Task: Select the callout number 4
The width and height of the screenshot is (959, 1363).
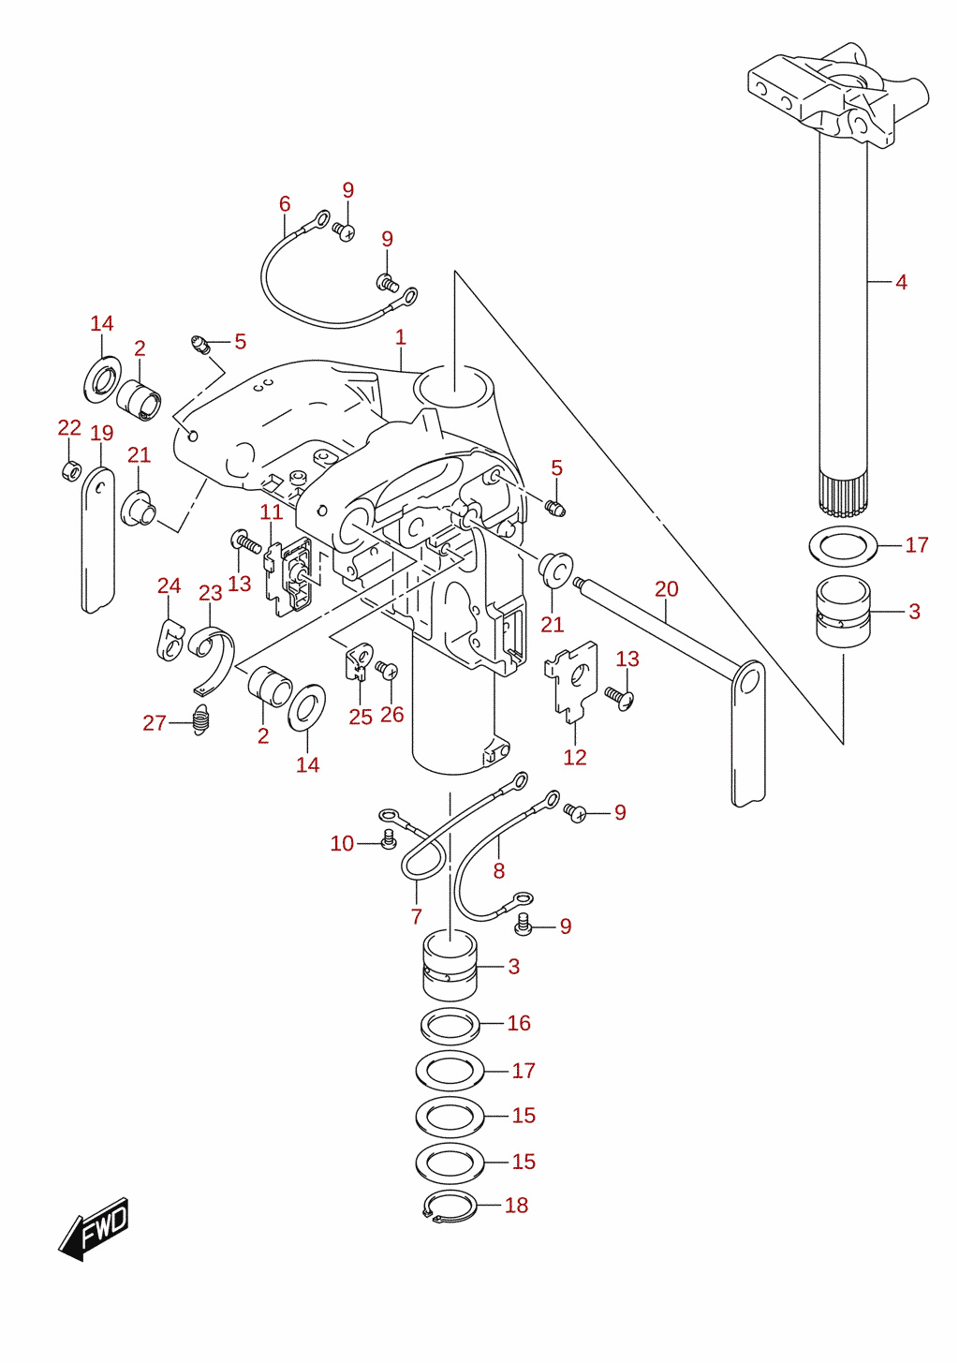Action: tap(901, 282)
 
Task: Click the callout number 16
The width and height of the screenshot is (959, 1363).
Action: tap(519, 1023)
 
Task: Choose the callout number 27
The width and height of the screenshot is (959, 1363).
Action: tap(155, 723)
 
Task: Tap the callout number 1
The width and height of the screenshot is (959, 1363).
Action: tap(400, 337)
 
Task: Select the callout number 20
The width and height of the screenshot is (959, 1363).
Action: tap(667, 588)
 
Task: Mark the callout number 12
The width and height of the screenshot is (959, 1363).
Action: tap(575, 757)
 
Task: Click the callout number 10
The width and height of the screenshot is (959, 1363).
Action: tap(342, 843)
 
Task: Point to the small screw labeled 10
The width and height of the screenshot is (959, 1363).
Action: tap(389, 840)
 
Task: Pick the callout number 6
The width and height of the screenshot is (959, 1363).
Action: tap(285, 204)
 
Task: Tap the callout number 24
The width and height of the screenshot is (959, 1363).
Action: tap(170, 585)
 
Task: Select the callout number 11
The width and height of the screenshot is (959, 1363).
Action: tap(272, 511)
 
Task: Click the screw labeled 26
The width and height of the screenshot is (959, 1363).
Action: tap(387, 670)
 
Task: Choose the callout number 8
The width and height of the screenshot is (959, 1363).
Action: tap(499, 871)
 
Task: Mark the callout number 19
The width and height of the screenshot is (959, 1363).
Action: tap(102, 433)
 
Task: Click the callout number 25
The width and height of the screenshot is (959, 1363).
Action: tap(361, 717)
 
